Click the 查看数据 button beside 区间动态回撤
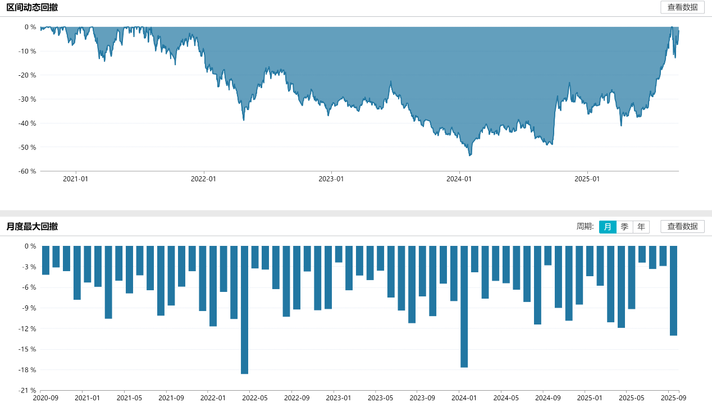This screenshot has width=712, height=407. click(682, 7)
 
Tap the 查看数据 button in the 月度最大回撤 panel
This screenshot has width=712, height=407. click(682, 227)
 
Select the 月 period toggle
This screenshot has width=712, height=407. click(608, 227)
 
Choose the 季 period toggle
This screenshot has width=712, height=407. click(624, 227)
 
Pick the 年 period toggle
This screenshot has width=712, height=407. click(641, 227)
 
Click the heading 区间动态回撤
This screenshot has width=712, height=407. click(32, 7)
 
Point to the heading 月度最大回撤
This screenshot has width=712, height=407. click(32, 227)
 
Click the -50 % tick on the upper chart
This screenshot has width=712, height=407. click(26, 148)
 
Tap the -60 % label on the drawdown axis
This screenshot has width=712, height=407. click(26, 172)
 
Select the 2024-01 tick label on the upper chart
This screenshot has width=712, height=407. click(459, 179)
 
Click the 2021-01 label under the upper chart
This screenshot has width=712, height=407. click(76, 179)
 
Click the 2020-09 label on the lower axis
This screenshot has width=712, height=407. click(46, 398)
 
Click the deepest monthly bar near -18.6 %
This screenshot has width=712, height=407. click(244, 310)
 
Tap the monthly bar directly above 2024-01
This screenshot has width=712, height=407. click(464, 307)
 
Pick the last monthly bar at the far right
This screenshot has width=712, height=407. click(673, 291)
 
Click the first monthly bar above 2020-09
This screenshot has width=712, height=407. click(46, 260)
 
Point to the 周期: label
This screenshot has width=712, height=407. click(585, 227)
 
